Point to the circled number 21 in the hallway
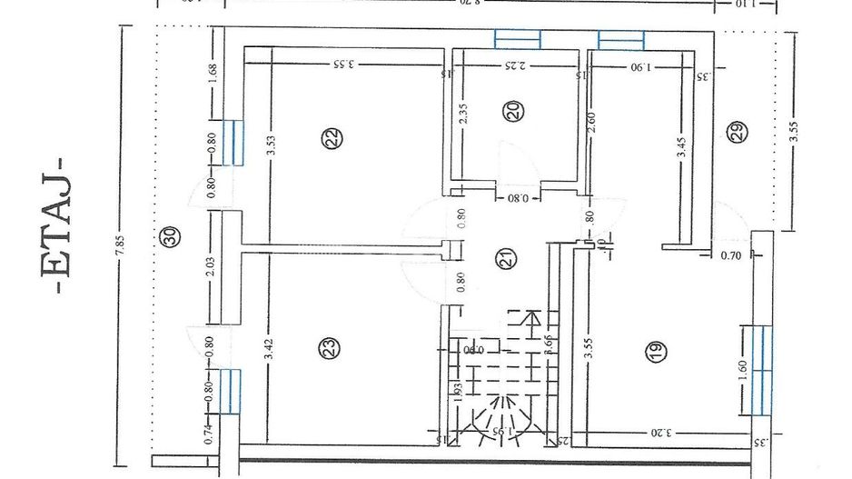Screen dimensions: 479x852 505,258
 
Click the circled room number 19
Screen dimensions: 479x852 655,352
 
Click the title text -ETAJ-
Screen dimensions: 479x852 56,225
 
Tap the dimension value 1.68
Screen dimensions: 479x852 213,74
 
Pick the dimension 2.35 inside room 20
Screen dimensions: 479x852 463,119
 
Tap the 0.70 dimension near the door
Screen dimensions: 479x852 731,257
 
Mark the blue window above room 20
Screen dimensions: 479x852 518,39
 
